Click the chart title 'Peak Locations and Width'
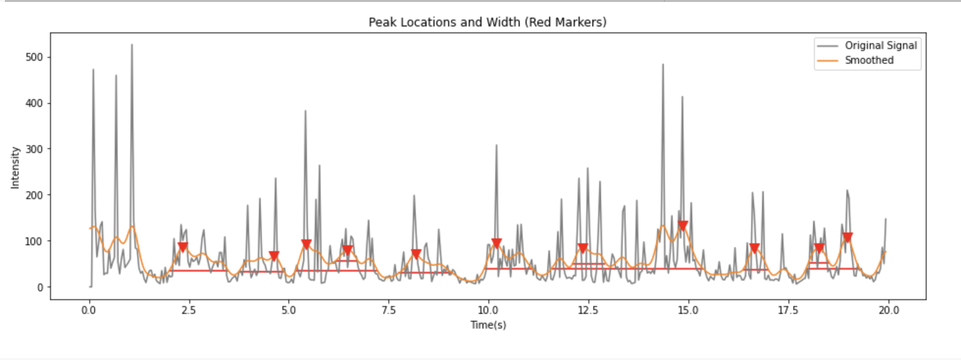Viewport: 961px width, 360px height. click(487, 23)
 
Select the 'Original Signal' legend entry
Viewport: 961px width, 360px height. click(880, 46)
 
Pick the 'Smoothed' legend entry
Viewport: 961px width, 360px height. click(868, 60)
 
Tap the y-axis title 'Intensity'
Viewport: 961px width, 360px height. click(15, 167)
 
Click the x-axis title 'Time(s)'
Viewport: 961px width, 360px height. click(488, 325)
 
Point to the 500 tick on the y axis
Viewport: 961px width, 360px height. click(34, 57)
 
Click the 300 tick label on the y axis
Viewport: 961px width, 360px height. click(34, 149)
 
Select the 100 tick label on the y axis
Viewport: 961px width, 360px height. click(34, 241)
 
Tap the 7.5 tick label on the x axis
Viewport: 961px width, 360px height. click(388, 310)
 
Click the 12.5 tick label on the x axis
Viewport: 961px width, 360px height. click(588, 310)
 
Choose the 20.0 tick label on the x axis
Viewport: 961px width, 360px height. click(888, 310)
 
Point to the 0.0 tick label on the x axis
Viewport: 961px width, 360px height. click(89, 310)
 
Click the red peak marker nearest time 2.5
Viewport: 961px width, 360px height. click(183, 247)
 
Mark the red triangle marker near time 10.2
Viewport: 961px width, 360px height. click(496, 243)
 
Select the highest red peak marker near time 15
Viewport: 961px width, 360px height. click(683, 226)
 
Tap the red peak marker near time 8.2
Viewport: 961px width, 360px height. click(416, 254)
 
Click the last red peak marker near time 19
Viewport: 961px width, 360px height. click(847, 237)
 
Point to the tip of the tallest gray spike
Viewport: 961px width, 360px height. click(131, 45)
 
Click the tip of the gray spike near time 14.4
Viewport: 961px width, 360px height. click(663, 64)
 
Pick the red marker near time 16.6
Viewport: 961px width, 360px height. click(755, 248)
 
